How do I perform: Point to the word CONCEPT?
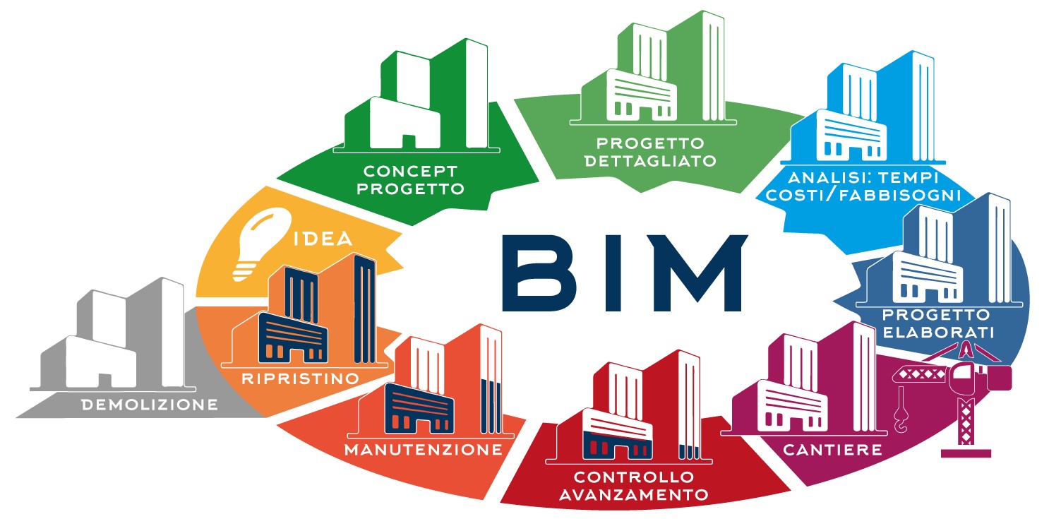410,171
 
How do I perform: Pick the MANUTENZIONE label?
424,449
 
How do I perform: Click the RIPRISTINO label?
300,378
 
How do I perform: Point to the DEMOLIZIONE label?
149,405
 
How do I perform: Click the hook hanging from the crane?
901,421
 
